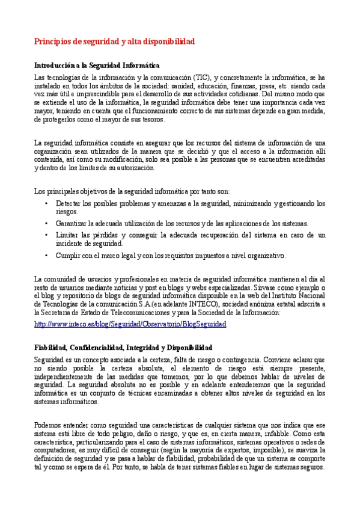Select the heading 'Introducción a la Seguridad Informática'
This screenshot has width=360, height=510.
[x=96, y=65]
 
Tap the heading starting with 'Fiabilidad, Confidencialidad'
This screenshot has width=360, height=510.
[x=123, y=348]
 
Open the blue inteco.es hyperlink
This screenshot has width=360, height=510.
[x=130, y=324]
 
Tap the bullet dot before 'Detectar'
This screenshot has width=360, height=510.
[x=46, y=203]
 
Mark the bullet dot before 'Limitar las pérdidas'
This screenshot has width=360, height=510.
[x=46, y=234]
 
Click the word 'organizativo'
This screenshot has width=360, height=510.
[x=266, y=255]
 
